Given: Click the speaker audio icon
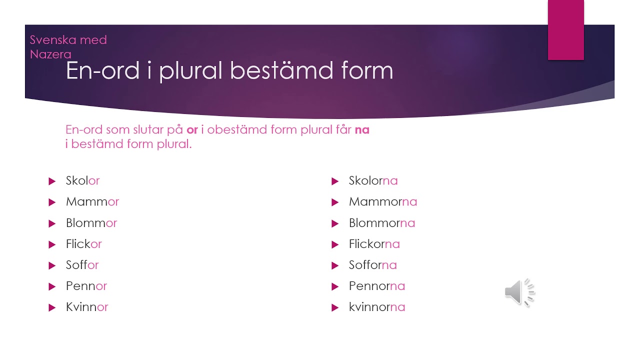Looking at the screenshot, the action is [x=519, y=292].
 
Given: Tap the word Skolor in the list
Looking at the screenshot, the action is [x=82, y=180].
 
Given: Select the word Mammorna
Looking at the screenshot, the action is [x=383, y=201].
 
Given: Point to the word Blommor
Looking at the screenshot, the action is [x=91, y=223].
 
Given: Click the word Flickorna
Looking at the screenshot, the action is [x=374, y=244].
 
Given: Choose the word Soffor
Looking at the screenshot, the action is [x=82, y=265].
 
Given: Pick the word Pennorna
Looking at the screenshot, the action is [x=377, y=286].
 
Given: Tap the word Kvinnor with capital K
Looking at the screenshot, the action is [x=87, y=307].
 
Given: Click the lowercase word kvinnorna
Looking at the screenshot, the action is [x=377, y=307].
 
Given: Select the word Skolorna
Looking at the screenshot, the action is [x=373, y=180].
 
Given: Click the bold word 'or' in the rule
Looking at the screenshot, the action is [x=192, y=130].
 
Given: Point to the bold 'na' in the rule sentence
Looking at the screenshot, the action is [x=362, y=130].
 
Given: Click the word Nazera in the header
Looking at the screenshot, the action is [x=50, y=54].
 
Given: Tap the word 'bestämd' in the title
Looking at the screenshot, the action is [x=281, y=70].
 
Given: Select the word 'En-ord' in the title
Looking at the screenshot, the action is [x=102, y=70].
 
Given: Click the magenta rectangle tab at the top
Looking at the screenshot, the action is [x=565, y=30].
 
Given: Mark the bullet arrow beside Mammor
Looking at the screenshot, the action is [x=52, y=202].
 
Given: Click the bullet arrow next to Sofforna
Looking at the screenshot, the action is [x=335, y=265].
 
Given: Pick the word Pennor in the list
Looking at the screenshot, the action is [x=86, y=286].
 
